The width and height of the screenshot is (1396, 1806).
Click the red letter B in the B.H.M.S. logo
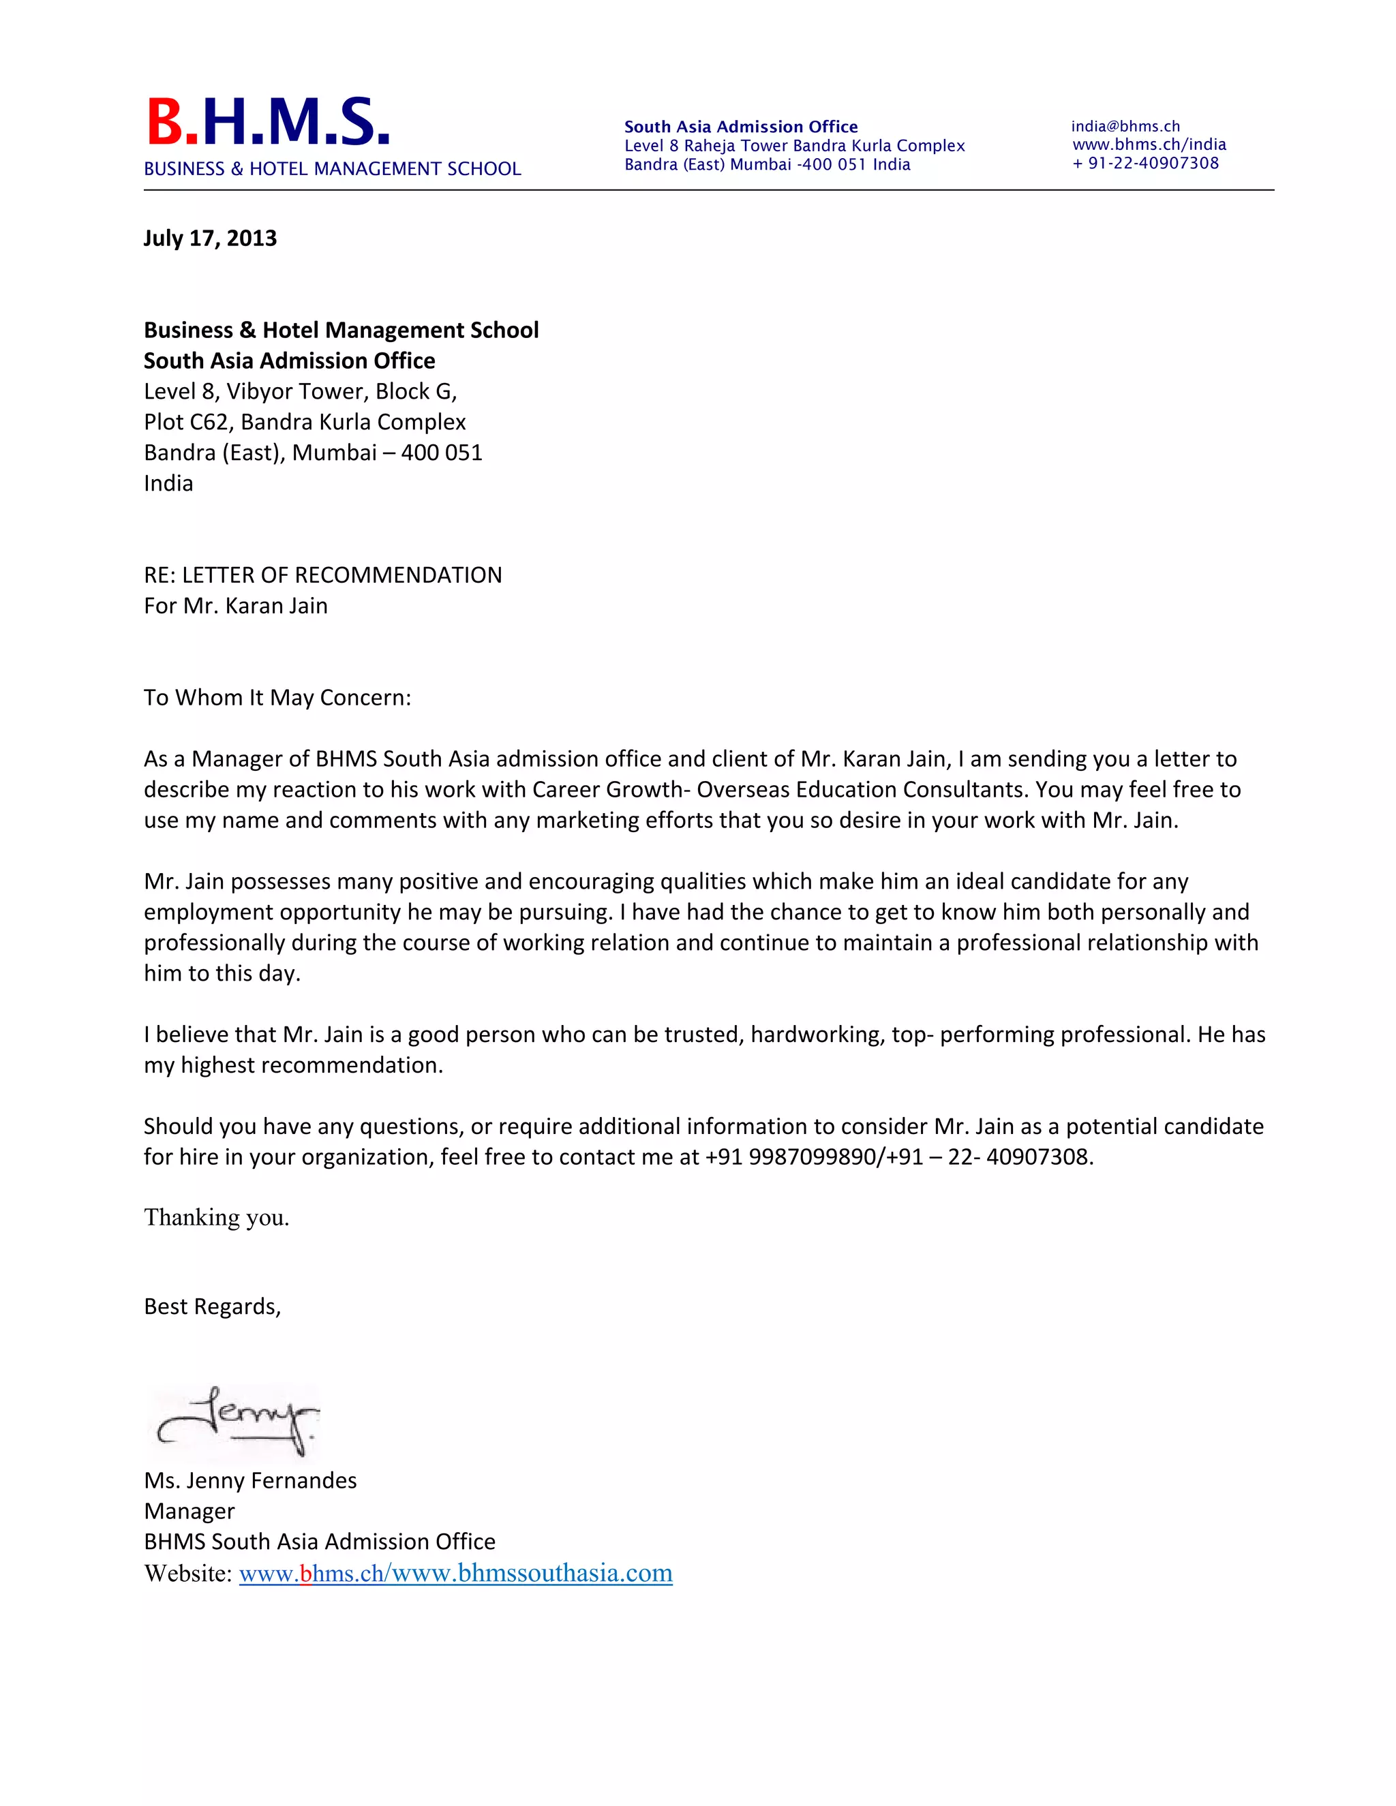pos(166,123)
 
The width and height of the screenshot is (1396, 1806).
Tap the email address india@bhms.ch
pos(1125,127)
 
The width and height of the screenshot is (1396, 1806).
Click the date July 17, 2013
pos(210,238)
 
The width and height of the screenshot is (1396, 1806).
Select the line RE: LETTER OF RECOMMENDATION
pos(322,575)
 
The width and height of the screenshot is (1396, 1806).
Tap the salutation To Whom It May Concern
pos(277,697)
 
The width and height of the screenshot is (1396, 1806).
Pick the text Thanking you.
pos(217,1217)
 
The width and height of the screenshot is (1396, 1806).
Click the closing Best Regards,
pos(213,1306)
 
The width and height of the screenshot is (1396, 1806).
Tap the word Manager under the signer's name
pos(189,1511)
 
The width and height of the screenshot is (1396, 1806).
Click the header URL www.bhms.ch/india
pos(1149,144)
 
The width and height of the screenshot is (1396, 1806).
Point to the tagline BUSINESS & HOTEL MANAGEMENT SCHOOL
pos(333,169)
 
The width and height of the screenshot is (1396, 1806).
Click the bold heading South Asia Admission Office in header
pos(741,127)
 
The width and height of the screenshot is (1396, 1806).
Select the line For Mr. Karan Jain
pos(236,605)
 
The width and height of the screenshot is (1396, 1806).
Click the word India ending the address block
pos(169,483)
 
